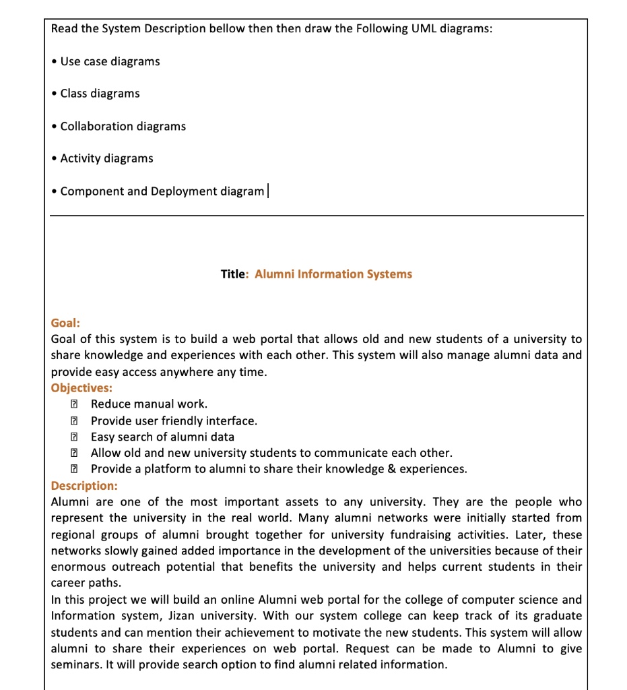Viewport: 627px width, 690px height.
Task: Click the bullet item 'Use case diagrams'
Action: (110, 61)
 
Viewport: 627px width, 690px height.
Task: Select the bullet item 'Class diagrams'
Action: (100, 94)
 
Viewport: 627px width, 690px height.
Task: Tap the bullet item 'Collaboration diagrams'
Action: (123, 126)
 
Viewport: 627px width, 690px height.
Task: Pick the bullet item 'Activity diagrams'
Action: (106, 158)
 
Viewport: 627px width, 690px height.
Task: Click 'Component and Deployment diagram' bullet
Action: (162, 191)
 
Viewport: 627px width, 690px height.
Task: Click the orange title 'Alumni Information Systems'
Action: (333, 274)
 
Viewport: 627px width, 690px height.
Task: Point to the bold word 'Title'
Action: (233, 274)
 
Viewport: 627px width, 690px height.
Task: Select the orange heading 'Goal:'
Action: (65, 323)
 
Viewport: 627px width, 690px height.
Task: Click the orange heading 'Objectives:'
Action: (81, 388)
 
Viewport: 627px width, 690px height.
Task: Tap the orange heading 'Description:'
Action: (84, 486)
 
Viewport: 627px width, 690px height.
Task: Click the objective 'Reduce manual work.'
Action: (149, 404)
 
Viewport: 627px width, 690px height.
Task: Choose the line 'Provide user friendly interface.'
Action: (174, 421)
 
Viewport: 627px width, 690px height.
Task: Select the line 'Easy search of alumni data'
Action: (162, 437)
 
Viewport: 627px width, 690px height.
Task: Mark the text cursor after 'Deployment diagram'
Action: (268, 191)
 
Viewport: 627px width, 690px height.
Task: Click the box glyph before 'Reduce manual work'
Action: (73, 404)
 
